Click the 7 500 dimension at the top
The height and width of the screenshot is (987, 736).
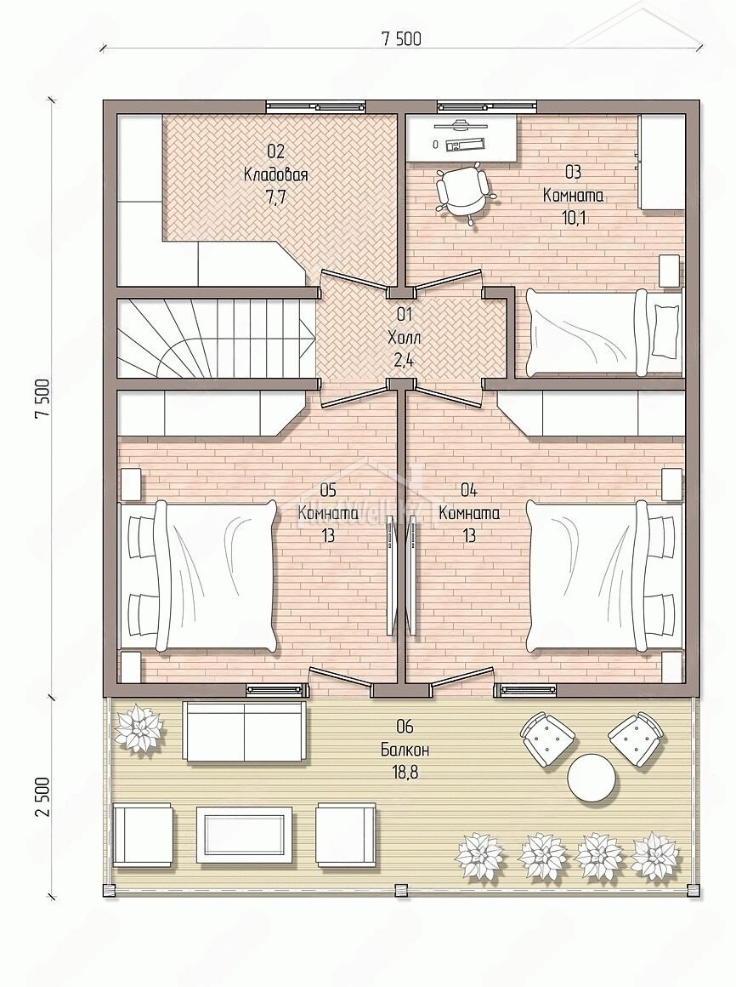click(401, 39)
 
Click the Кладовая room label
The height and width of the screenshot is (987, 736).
click(275, 174)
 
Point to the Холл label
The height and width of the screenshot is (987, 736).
click(405, 338)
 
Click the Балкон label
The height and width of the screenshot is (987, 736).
click(405, 749)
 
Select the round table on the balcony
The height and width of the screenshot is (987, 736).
click(591, 778)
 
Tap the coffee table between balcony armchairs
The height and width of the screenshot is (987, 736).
click(244, 833)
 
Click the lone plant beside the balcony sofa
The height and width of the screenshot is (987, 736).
click(140, 727)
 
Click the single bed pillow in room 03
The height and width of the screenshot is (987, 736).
click(665, 329)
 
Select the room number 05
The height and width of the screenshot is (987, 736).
click(328, 489)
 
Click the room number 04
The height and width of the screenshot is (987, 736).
click(469, 489)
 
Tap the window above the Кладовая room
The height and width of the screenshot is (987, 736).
click(315, 106)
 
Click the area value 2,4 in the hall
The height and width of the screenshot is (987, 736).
click(405, 359)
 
